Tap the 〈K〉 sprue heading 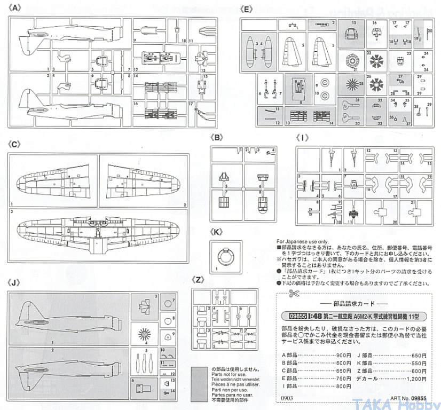click(217, 231)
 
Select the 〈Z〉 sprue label click(198, 280)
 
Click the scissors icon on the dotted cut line click(292, 294)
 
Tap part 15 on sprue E click(351, 36)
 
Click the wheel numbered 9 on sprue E click(326, 84)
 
